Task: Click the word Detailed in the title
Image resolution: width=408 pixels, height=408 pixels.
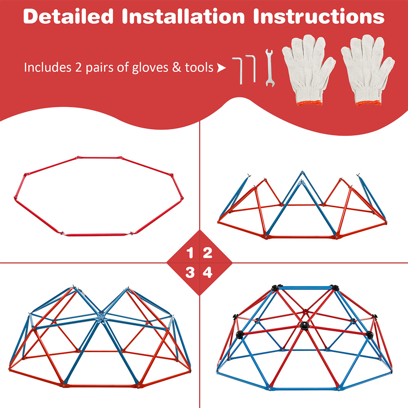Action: (69, 16)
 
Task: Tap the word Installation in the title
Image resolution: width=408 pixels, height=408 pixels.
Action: (183, 16)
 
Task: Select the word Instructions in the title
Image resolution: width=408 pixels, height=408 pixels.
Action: (319, 16)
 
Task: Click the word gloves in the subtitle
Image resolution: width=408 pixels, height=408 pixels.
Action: (150, 68)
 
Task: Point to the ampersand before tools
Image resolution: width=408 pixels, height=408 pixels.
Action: (176, 67)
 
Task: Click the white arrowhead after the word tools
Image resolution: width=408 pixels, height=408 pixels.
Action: (221, 68)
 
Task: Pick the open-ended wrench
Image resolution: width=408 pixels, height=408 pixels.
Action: (269, 68)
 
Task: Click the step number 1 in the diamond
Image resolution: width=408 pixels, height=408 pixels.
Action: (190, 253)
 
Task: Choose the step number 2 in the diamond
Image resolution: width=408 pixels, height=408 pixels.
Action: (208, 253)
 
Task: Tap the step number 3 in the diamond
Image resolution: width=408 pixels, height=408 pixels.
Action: (190, 273)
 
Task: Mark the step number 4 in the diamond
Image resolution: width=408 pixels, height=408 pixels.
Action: (208, 273)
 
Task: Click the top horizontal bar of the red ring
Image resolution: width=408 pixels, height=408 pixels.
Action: (99, 157)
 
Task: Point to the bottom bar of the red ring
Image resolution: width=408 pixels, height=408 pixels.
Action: (97, 235)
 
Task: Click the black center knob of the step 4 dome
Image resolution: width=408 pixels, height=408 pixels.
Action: (304, 326)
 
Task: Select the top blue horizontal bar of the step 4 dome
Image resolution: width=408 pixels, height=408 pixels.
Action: (305, 288)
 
